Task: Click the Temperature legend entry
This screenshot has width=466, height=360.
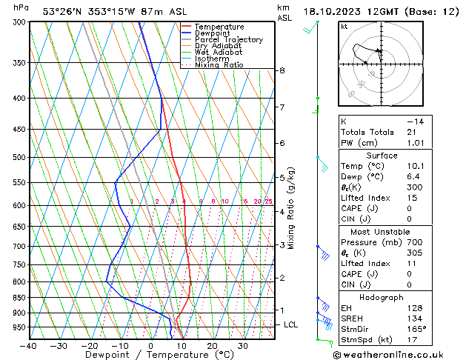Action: point(219,27)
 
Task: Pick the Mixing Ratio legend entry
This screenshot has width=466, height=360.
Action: point(219,65)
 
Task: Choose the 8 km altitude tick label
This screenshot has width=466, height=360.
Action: point(282,70)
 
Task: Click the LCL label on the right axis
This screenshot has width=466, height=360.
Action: point(291,324)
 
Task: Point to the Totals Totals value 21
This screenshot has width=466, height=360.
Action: point(412,131)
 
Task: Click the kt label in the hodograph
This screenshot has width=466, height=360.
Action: point(344,27)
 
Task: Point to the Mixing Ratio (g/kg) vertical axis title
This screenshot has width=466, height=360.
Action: point(292,208)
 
